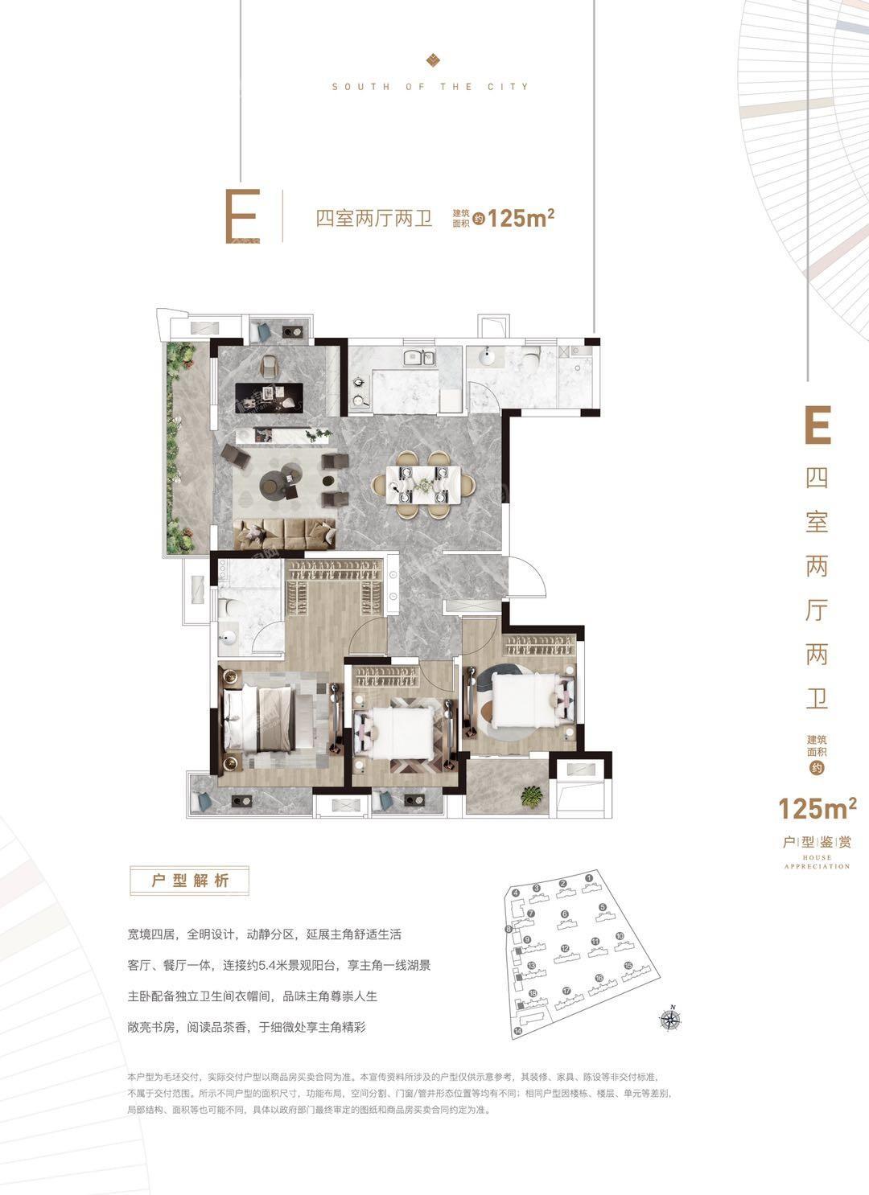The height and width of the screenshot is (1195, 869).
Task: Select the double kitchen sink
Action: pos(418,358)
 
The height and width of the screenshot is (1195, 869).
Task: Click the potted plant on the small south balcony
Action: pos(530,796)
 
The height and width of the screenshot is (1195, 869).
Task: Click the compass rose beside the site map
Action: pos(669,1019)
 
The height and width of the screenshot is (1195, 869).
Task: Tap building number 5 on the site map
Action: pos(602,909)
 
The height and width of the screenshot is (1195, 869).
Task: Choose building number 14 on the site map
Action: pos(518,1030)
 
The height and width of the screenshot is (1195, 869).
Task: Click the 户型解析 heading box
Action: pos(190,881)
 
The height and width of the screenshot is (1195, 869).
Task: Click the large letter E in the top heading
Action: pos(243,217)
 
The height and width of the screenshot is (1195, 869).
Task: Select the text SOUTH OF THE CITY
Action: pos(430,86)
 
